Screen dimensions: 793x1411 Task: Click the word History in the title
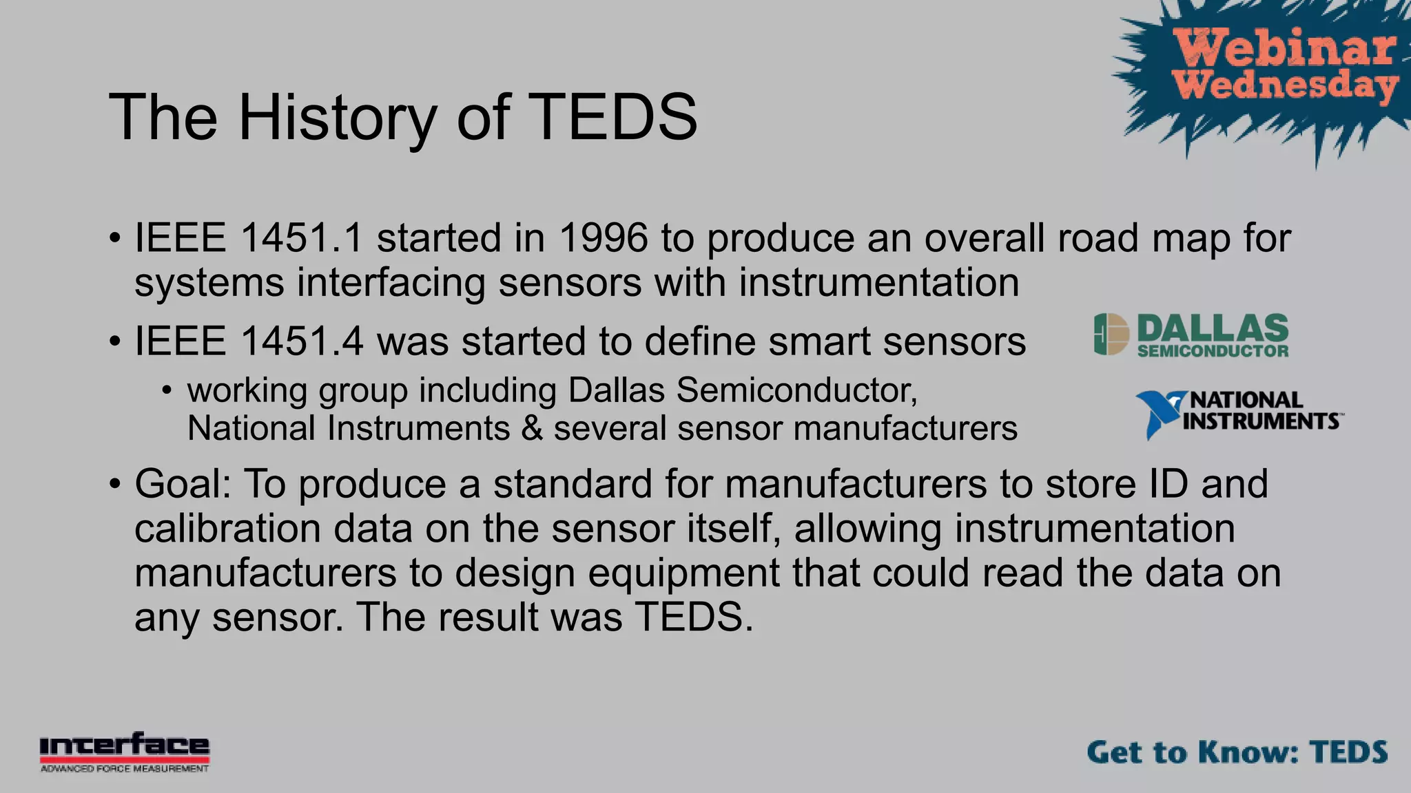tap(338, 118)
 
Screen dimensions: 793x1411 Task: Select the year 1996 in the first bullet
tap(603, 238)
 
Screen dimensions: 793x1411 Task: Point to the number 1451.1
tap(301, 238)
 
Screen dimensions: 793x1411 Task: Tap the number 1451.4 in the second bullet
tap(301, 341)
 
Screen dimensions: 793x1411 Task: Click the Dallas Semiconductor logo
tap(1191, 335)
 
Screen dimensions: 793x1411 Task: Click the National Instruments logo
tap(1238, 413)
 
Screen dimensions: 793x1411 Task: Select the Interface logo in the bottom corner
tap(124, 752)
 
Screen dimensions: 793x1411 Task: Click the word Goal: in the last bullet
tap(183, 484)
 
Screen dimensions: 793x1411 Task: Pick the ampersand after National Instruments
tap(532, 428)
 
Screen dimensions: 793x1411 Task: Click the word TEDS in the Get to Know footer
tap(1348, 752)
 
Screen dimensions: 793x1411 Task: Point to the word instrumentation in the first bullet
tap(878, 283)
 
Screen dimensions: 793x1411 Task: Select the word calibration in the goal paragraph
tap(227, 529)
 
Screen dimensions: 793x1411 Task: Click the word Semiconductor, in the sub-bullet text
tap(797, 390)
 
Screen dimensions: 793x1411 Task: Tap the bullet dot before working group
tap(166, 391)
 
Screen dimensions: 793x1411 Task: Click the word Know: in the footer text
tap(1248, 752)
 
